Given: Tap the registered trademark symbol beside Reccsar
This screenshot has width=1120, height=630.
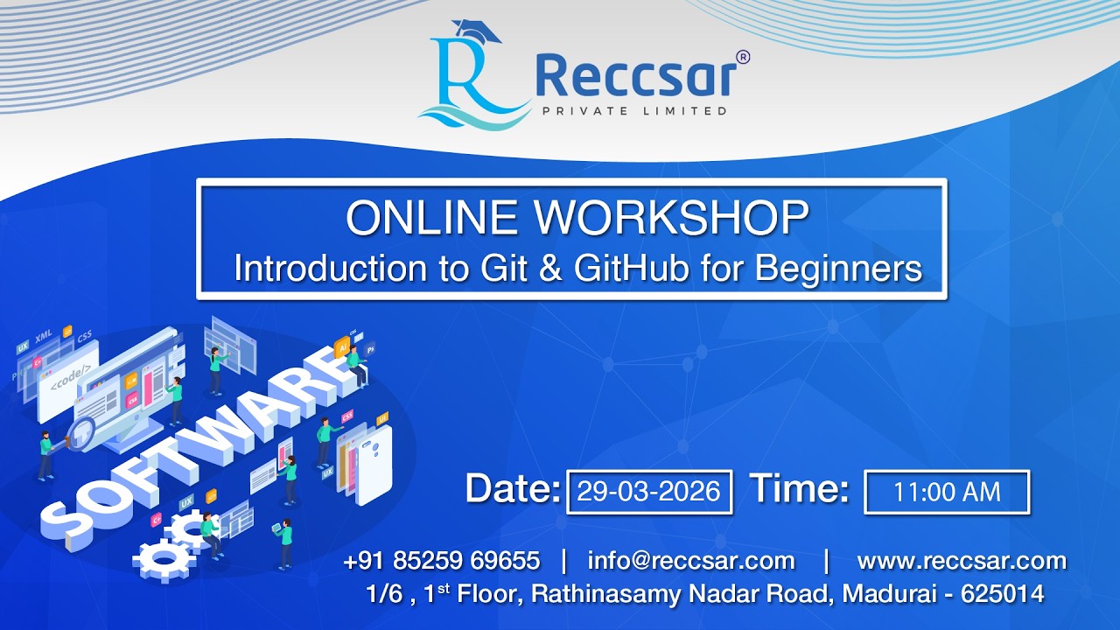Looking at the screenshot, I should pos(743,57).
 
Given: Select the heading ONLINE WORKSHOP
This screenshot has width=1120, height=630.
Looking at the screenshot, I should pos(577,219).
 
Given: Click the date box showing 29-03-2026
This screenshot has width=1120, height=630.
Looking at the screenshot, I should pos(649,492).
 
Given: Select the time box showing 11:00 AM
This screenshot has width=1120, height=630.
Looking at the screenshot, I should pos(947,492).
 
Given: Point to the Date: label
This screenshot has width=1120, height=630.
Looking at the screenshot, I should pos(512,489).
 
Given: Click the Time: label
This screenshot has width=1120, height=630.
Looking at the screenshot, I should pos(799,489).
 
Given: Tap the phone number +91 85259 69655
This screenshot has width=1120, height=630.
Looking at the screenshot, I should pos(442,561).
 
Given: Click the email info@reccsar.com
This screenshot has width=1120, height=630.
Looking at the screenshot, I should pos(691,561).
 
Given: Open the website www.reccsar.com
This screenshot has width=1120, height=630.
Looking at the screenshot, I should pos(962,561).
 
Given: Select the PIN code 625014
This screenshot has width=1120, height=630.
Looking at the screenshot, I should pos(1002,594).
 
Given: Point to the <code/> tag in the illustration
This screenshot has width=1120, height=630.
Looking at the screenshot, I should pos(70,382).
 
